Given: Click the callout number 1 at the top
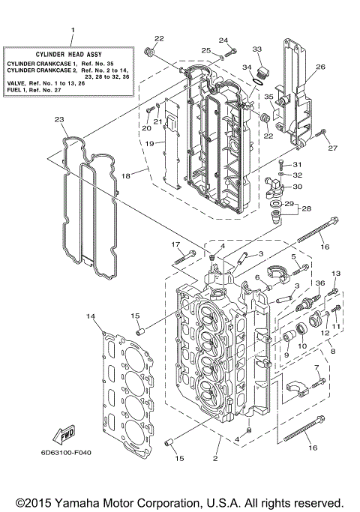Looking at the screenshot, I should [73, 31].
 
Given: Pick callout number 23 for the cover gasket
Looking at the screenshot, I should [59, 119].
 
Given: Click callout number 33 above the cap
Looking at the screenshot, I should [257, 49].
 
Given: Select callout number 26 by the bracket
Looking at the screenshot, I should [320, 67].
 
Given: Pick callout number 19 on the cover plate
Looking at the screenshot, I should [150, 142].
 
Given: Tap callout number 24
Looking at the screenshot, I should [223, 40].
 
